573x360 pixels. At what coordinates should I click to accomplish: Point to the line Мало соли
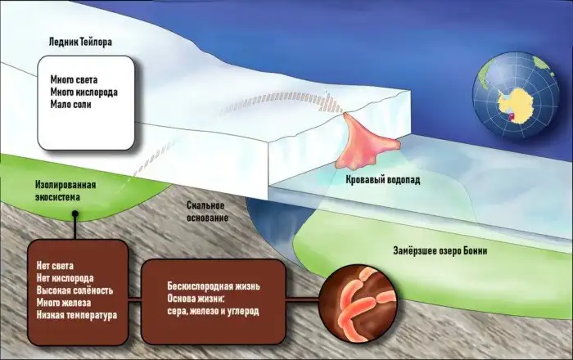74,105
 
